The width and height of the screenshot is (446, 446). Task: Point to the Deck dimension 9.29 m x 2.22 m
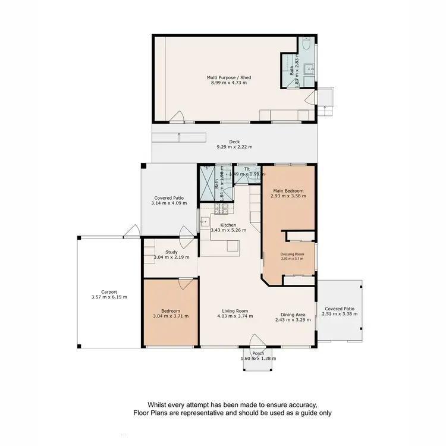pos(234,146)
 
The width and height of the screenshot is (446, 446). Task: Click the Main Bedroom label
pos(288,191)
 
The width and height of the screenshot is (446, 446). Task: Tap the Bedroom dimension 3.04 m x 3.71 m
pos(171,316)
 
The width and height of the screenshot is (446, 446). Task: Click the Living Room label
pos(230,310)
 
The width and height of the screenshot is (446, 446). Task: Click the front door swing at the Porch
pos(257,341)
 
